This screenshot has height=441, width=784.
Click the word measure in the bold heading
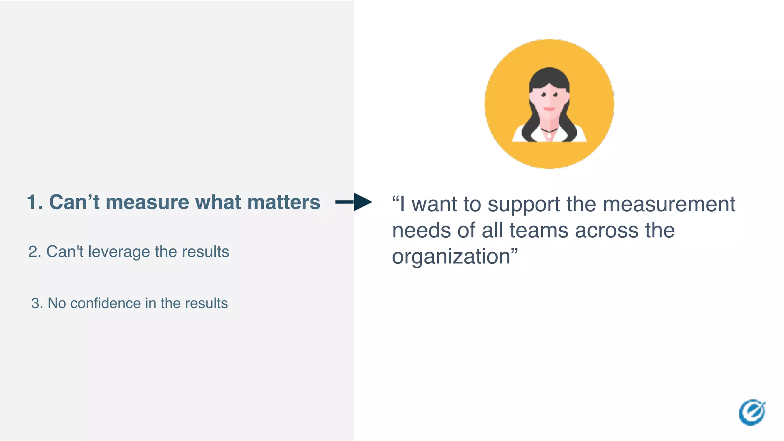tap(147, 203)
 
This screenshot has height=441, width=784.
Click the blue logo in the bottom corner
tap(752, 412)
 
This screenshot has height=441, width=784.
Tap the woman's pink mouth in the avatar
tap(549, 109)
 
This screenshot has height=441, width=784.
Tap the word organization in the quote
tap(451, 256)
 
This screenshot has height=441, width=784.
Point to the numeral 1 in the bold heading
tap(33, 203)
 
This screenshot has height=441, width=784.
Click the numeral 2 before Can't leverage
tap(33, 252)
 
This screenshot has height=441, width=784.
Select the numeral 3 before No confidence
tap(36, 303)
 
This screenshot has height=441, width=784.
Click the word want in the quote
tap(434, 204)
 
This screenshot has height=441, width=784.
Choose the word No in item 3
tap(57, 303)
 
